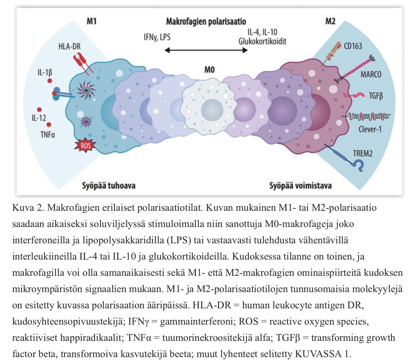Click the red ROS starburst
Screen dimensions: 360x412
(85, 145)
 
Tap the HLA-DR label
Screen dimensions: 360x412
(69, 46)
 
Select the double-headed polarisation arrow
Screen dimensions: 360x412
(206, 50)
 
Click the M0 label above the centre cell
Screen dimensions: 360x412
(209, 70)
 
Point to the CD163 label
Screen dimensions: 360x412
(353, 46)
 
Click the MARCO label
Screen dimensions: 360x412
(371, 74)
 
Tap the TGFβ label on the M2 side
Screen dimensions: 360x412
(376, 96)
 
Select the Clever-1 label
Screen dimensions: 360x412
(370, 129)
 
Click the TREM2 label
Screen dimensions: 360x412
(363, 153)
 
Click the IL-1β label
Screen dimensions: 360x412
(45, 72)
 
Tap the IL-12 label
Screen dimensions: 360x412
(39, 118)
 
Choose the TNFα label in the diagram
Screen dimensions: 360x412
(48, 135)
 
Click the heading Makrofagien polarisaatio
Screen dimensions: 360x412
(206, 21)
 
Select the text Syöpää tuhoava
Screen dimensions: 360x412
(109, 186)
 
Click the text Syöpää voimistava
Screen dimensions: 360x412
(300, 186)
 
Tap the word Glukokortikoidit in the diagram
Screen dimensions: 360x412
(262, 42)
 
